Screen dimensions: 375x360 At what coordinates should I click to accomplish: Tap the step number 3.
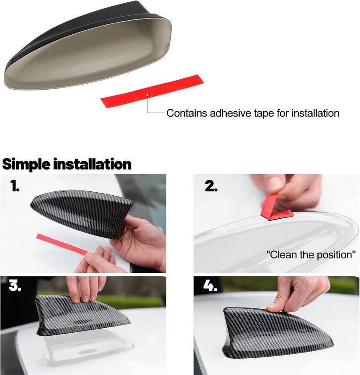(x=15, y=287)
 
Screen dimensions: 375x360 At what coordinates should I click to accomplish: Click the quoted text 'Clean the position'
(x=310, y=254)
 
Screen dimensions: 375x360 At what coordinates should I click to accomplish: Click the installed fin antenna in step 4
(x=274, y=333)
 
